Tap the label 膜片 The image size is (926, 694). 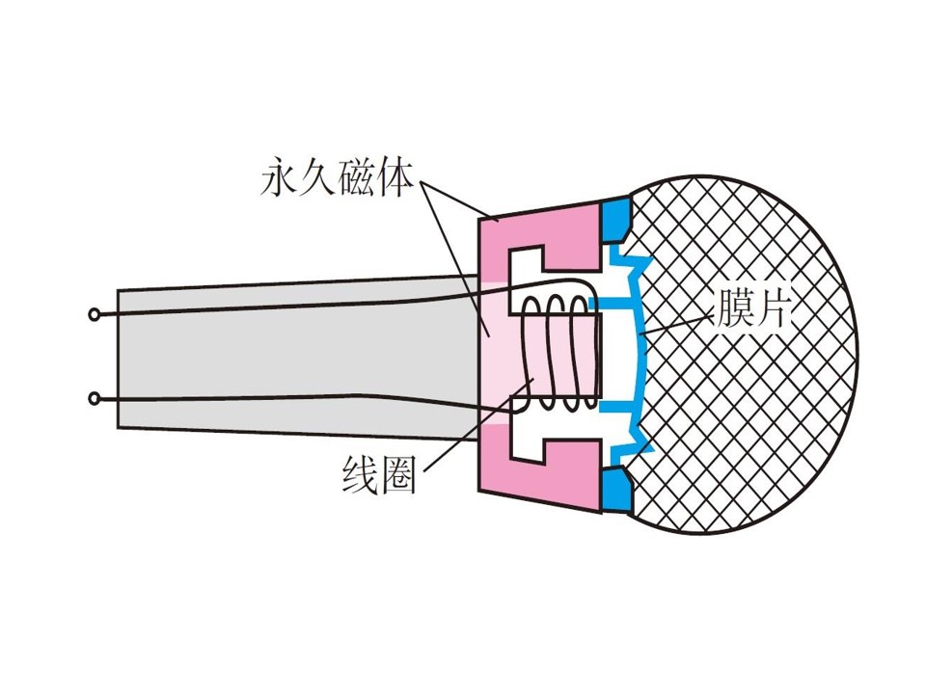point(751,307)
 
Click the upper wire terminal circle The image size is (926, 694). point(94,315)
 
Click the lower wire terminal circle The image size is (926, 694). point(94,400)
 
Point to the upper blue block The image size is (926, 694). point(615,219)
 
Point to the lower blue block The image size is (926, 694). point(615,488)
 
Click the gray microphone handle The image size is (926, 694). point(295,359)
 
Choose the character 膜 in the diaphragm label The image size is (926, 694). point(732,307)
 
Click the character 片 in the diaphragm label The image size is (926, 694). point(771,307)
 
